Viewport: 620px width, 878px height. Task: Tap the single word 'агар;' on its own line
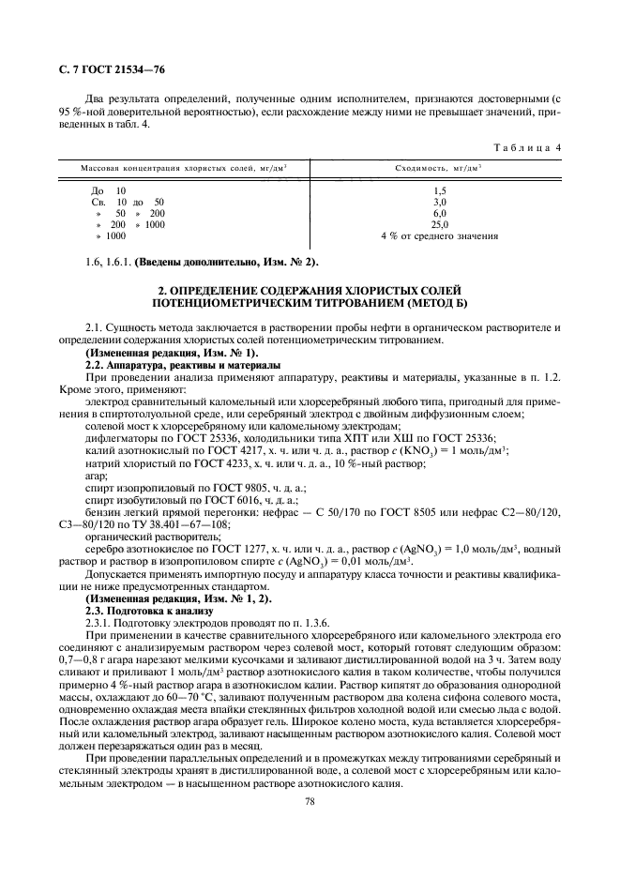click(x=97, y=477)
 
